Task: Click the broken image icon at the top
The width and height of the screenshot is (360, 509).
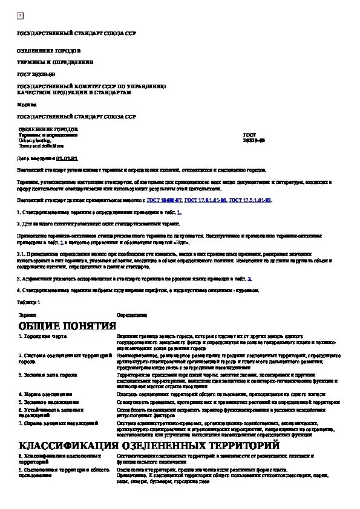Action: [x=20, y=15]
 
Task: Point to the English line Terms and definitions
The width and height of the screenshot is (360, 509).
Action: [x=41, y=146]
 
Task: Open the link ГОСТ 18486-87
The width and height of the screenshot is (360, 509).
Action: [x=166, y=199]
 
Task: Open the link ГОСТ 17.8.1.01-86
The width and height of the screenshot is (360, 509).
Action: [x=206, y=199]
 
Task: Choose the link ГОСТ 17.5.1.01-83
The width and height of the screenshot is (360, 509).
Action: [x=250, y=199]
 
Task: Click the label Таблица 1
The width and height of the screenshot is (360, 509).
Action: [x=28, y=302]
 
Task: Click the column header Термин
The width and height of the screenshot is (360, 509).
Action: [x=27, y=315]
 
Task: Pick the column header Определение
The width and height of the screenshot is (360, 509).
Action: [x=131, y=315]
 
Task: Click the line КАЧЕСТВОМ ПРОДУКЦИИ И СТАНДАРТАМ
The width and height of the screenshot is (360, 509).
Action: [x=73, y=92]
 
